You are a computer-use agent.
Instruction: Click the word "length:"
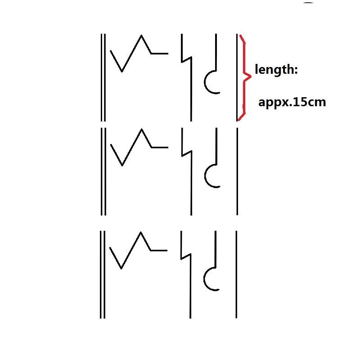(x=276, y=70)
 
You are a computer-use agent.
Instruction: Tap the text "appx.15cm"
(x=292, y=103)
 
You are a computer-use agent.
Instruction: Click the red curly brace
(x=245, y=77)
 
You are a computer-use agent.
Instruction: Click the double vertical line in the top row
(x=103, y=77)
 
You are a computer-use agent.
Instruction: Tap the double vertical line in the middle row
(x=103, y=171)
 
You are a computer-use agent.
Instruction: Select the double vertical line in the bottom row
(x=103, y=274)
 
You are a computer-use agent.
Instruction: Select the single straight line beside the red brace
(x=237, y=77)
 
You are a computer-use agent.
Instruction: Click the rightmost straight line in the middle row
(x=237, y=171)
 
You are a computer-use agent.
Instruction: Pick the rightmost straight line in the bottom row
(x=236, y=274)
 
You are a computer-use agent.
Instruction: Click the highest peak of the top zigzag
(x=141, y=35)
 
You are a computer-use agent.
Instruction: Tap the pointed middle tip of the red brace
(x=251, y=76)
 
